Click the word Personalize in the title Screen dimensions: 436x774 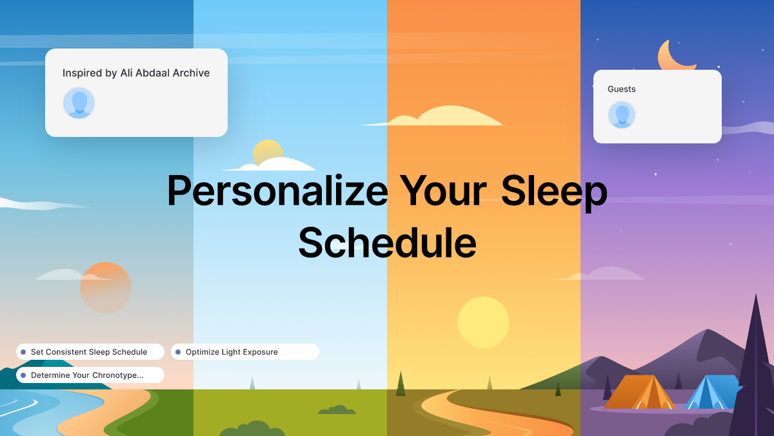coord(277,191)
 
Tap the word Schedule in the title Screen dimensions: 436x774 coord(387,243)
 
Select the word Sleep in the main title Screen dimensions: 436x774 coord(554,191)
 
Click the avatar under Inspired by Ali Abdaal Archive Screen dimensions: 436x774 coord(79,103)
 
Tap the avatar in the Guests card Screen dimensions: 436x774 coord(622,115)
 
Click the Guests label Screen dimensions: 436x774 coord(622,89)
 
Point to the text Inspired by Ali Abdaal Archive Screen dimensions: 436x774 coord(136,73)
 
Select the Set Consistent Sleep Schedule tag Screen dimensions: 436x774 coord(90,352)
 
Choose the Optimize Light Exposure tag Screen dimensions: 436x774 coord(245,352)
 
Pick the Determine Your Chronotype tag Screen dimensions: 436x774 coord(90,375)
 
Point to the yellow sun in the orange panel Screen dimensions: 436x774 coord(483,322)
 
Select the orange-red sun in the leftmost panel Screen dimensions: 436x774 coord(106,288)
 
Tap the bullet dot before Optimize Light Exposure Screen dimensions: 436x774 coord(178,352)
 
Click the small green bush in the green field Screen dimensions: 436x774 coord(336,410)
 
